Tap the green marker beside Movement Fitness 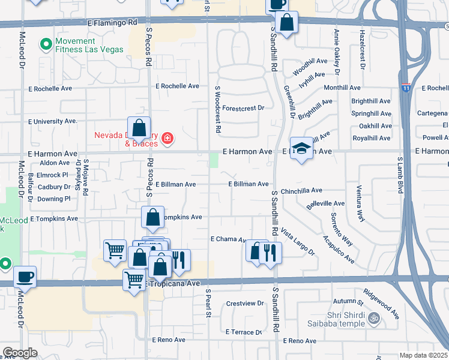(x=45, y=44)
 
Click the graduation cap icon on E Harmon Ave (x=301, y=148)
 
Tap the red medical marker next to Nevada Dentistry (x=167, y=140)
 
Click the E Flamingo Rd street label (x=112, y=22)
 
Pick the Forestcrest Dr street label (x=243, y=108)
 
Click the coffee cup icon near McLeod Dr (x=25, y=277)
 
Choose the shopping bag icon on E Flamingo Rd (x=287, y=23)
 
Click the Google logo (x=20, y=353)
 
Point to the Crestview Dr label (x=245, y=304)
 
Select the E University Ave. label (x=53, y=121)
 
